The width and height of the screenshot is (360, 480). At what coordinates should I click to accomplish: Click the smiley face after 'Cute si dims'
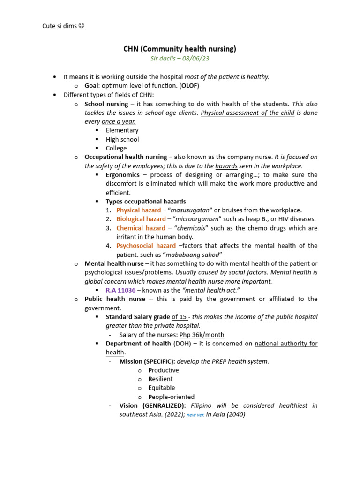[81, 26]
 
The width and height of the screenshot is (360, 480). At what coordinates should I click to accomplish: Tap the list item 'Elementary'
[122, 130]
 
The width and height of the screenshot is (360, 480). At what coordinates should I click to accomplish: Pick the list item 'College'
[116, 148]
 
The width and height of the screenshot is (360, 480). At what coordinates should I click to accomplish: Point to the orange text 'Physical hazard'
[139, 210]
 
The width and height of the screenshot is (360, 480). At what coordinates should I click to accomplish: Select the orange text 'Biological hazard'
[141, 219]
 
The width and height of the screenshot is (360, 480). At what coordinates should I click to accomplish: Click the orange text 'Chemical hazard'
[141, 228]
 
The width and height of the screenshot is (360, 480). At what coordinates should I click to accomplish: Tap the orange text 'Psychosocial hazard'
[146, 246]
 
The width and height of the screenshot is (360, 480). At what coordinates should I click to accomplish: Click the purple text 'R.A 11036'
[121, 290]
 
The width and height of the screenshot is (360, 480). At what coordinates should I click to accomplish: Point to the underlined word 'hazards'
[226, 166]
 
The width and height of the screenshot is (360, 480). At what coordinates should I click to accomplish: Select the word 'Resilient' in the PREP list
[160, 379]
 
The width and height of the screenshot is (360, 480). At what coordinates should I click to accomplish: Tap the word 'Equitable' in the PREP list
[162, 388]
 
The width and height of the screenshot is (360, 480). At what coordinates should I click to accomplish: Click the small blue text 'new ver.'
[195, 415]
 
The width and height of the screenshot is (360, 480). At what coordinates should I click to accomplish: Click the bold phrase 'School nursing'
[106, 104]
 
